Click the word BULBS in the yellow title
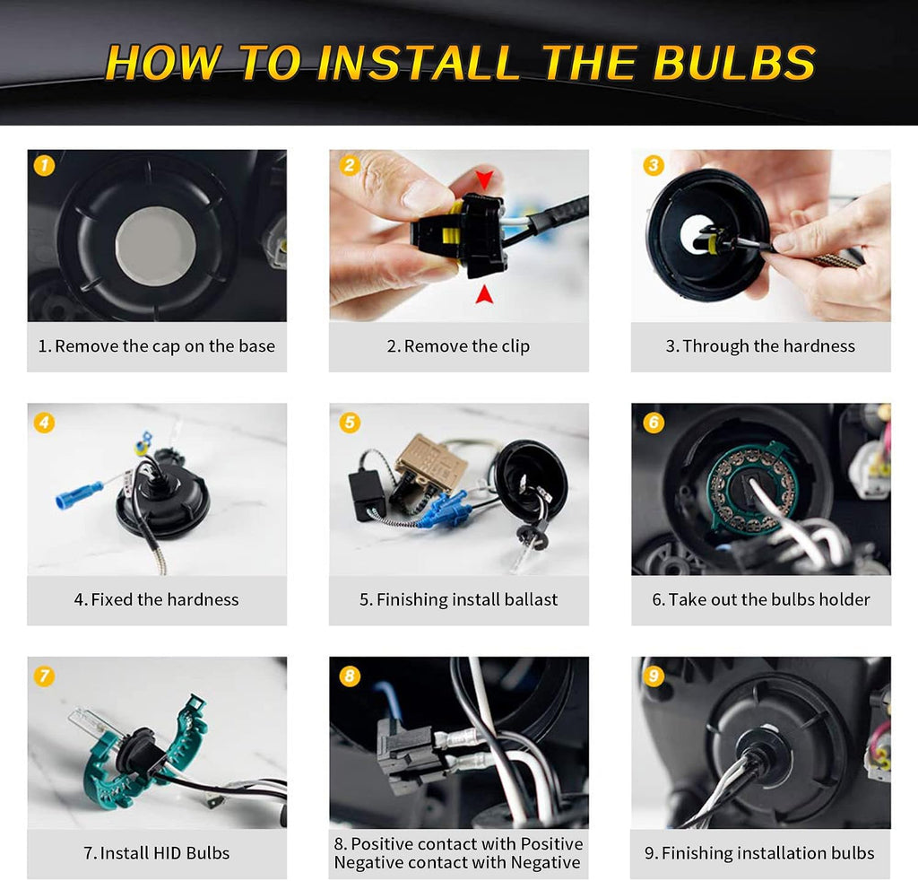pyautogui.click(x=733, y=62)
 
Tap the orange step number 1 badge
pyautogui.click(x=45, y=165)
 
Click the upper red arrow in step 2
pyautogui.click(x=484, y=179)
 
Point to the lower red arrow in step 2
pyautogui.click(x=483, y=294)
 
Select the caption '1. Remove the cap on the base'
pyautogui.click(x=156, y=346)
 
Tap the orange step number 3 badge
pyautogui.click(x=654, y=165)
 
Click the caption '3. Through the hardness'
pyautogui.click(x=760, y=346)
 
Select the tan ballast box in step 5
pyautogui.click(x=432, y=458)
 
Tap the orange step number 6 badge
pyautogui.click(x=654, y=423)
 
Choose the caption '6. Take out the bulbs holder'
pyautogui.click(x=761, y=599)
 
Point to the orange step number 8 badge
pyautogui.click(x=350, y=676)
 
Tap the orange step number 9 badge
pyautogui.click(x=654, y=676)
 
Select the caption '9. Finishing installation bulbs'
pyautogui.click(x=759, y=853)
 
